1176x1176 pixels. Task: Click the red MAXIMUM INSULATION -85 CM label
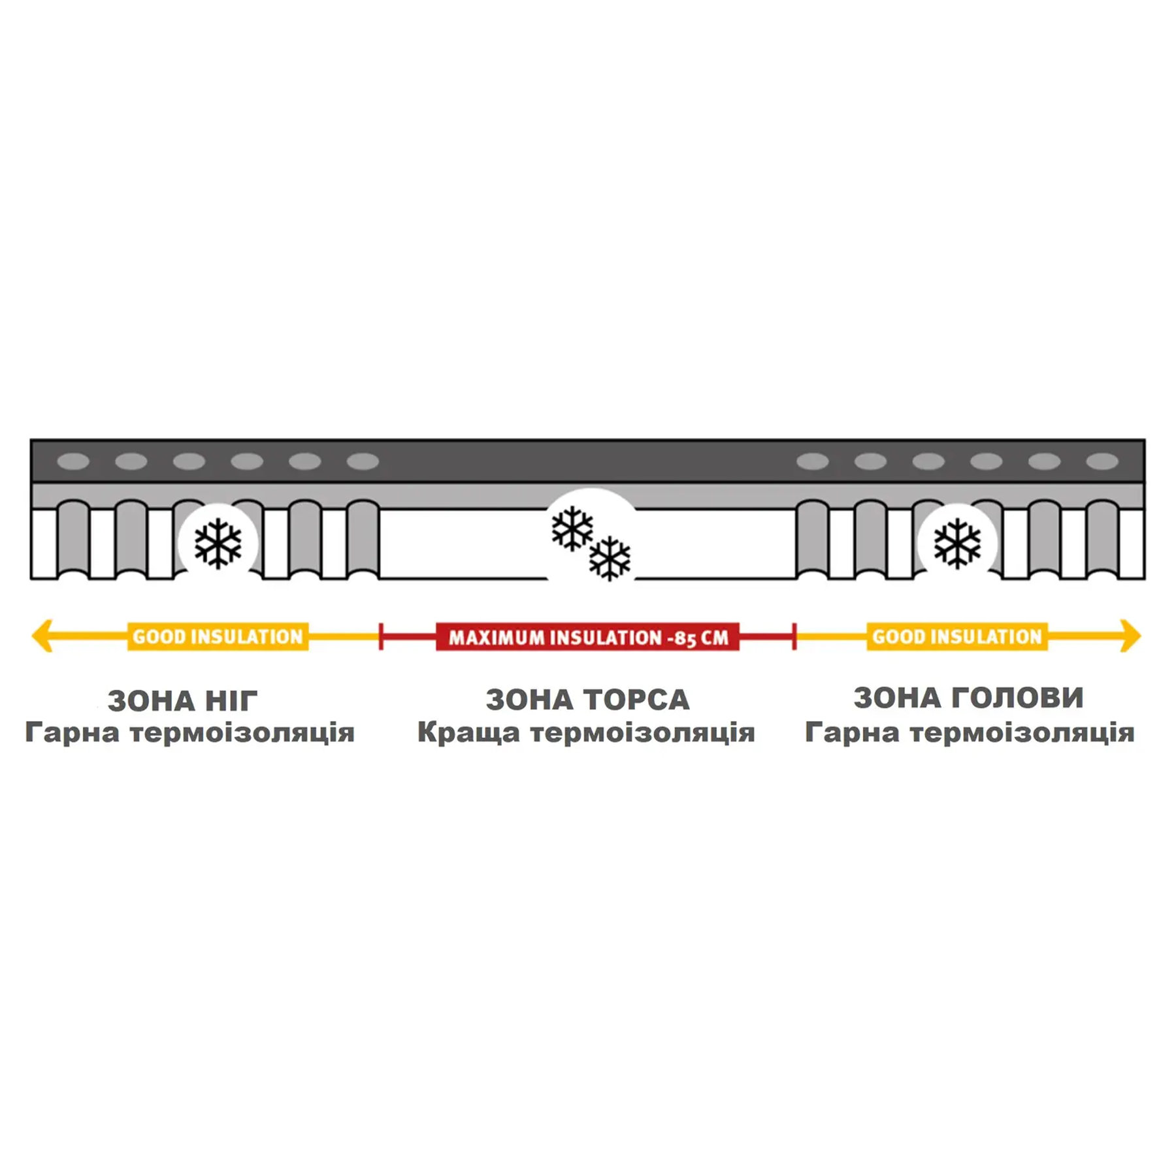click(x=587, y=637)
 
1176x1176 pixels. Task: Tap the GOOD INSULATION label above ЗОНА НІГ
click(x=218, y=636)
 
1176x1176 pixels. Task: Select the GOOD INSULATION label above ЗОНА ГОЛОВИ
click(x=957, y=636)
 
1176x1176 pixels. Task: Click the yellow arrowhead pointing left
click(x=42, y=636)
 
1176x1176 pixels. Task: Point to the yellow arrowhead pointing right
click(x=1131, y=636)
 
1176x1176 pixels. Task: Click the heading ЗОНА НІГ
click(x=183, y=701)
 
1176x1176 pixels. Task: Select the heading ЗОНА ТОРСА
click(x=587, y=700)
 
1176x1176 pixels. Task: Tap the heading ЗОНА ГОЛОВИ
click(x=968, y=698)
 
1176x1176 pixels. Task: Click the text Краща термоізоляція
click(x=586, y=732)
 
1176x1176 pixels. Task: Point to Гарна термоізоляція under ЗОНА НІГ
click(x=189, y=732)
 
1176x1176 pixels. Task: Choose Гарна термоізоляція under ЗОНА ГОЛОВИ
click(x=970, y=732)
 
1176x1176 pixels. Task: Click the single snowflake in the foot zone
click(x=218, y=544)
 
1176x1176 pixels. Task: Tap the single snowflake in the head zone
click(x=958, y=544)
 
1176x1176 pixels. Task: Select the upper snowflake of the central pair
click(x=572, y=529)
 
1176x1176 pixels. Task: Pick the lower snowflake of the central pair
click(x=610, y=559)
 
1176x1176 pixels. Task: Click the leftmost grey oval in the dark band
click(x=73, y=462)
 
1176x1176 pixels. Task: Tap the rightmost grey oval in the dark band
click(x=1103, y=462)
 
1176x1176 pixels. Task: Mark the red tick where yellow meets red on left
click(x=381, y=636)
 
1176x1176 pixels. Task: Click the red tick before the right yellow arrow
click(x=794, y=636)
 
